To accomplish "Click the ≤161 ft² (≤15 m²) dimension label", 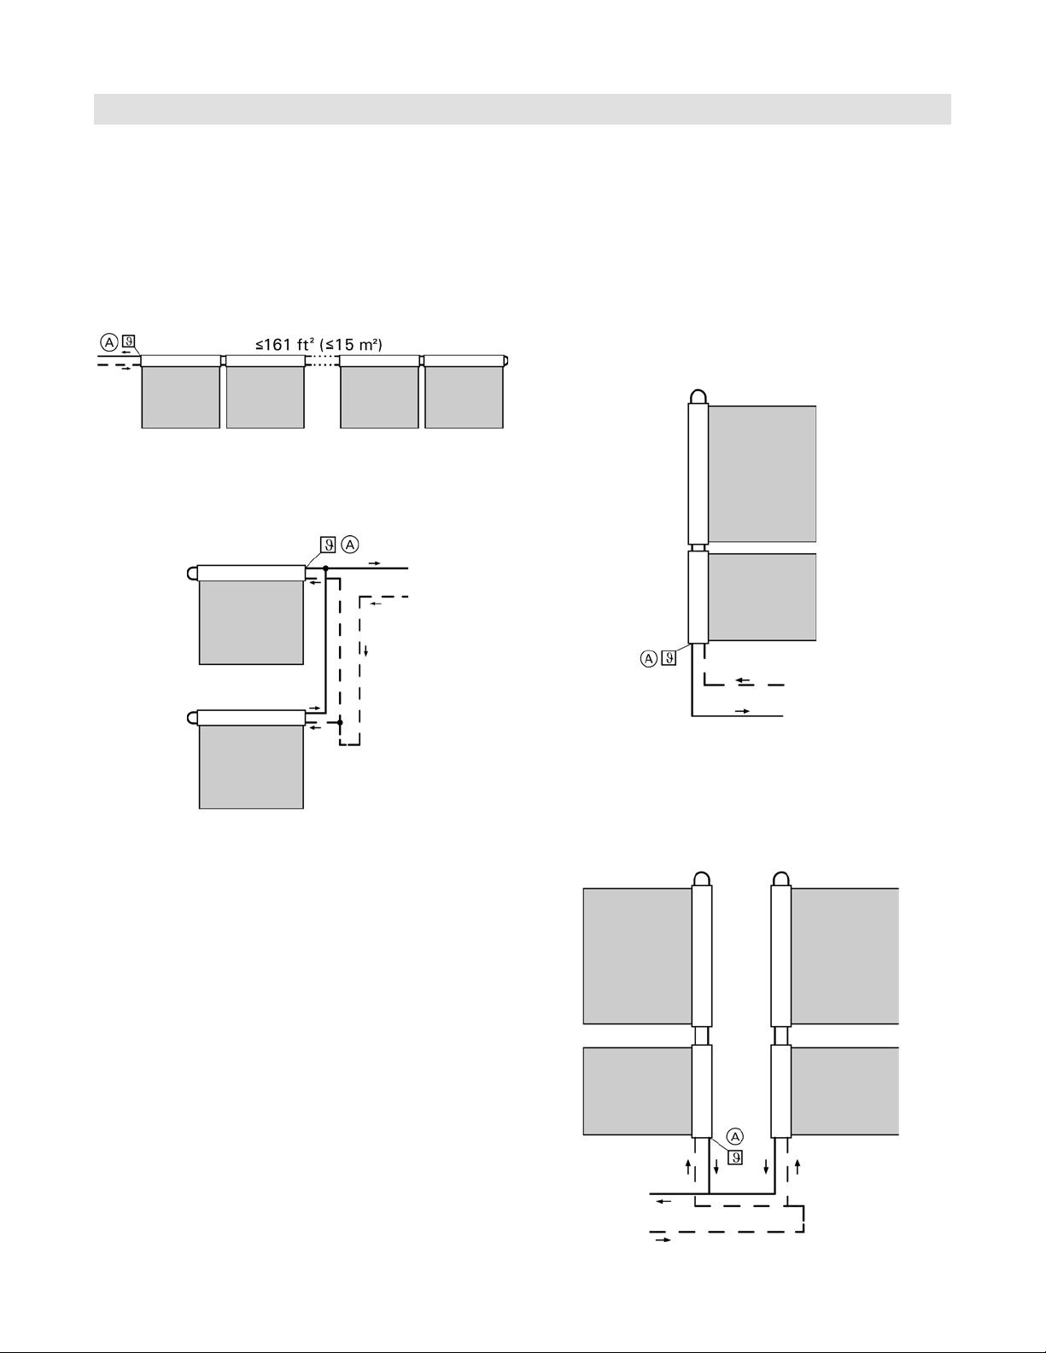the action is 318,344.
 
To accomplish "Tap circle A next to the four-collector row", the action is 109,341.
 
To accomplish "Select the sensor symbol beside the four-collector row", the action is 129,341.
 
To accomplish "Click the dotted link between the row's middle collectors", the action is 322,360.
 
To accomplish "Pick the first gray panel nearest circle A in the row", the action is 180,397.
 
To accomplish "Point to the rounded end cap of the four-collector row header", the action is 505,360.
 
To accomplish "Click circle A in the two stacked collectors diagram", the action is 351,545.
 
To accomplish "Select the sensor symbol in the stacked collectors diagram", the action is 328,545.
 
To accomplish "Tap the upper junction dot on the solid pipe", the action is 325,569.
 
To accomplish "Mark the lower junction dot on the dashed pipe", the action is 340,722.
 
